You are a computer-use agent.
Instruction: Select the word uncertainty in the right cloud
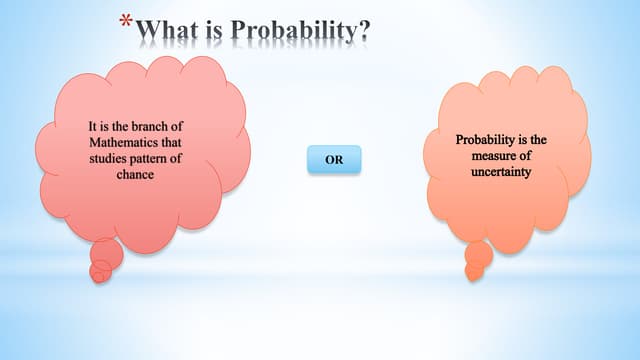(505, 172)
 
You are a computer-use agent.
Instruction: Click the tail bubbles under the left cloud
(105, 262)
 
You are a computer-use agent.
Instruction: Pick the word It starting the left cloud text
(93, 127)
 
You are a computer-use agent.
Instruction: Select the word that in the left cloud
(171, 142)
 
